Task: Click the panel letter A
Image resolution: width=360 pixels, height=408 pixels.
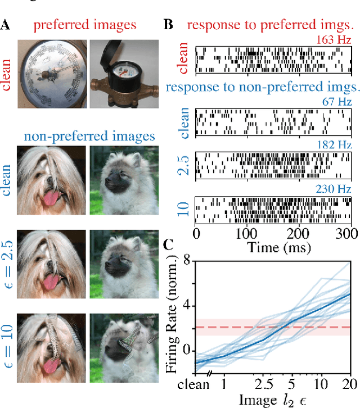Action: [7, 25]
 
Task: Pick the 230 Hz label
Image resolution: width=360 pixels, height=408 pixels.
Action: [335, 189]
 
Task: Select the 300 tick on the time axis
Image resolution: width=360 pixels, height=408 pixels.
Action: [347, 233]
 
